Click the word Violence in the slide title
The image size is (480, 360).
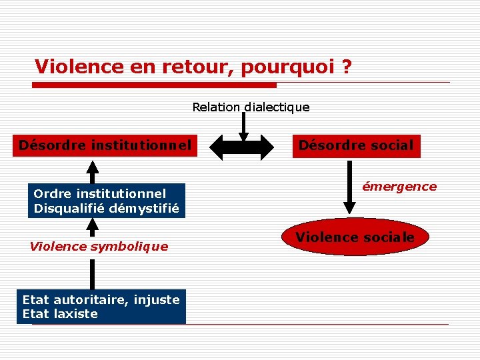pos(69,67)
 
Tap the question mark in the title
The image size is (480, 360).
pos(346,67)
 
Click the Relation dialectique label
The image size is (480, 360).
pos(251,107)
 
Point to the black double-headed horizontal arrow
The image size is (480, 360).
pos(242,146)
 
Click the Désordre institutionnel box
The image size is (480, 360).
pos(105,145)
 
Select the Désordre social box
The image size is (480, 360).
pos(356,145)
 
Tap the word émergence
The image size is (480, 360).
pos(399,187)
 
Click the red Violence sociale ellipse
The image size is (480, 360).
pos(355,237)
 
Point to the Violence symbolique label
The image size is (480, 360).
pos(99,247)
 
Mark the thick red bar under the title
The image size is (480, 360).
pos(155,85)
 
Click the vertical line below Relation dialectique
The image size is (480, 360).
pos(243,123)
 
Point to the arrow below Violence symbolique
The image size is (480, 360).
pos(93,273)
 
